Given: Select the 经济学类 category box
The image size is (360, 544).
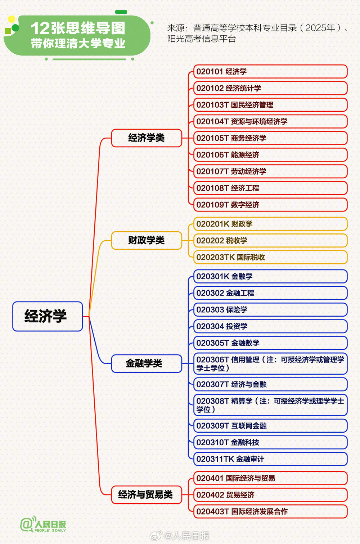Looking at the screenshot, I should pos(147,138).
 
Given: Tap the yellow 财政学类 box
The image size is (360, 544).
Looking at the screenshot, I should pos(147,240).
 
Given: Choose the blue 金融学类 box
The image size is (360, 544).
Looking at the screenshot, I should pos(147,363).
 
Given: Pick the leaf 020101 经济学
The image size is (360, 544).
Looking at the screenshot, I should pos(270,71).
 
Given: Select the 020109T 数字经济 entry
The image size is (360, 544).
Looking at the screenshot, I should pos(270,205).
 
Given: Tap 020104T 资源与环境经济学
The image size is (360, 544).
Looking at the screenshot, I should pos(270,121).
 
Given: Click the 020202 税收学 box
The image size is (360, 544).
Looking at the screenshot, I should pos(270,240).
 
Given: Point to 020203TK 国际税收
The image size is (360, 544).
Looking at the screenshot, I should pos(270,257).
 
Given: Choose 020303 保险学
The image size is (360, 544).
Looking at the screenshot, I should pos(270,309).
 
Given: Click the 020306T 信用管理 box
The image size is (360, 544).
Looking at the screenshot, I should pos(270,364).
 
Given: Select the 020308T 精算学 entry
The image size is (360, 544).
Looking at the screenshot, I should pos(270,405).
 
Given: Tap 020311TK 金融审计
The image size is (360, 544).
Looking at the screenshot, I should pos(270,459).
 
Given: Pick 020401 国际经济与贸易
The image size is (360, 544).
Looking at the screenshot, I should pos(270,478).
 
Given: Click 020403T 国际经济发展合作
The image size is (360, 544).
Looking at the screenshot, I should pos(270,512).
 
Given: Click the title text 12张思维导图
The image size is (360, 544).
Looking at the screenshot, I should pos(78,28).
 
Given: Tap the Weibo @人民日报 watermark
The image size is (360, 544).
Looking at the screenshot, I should pos(180,536).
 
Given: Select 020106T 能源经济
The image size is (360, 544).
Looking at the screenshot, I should pos(270,155).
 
